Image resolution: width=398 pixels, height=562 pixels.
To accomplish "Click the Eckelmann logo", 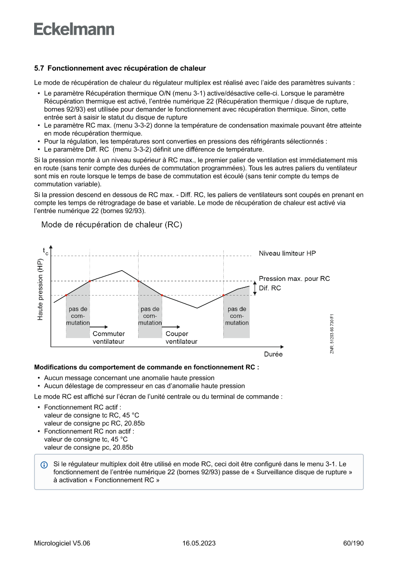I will pyautogui.click(x=74, y=29).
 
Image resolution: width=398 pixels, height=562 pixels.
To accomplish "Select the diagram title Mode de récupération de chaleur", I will pyautogui.click(x=112, y=225).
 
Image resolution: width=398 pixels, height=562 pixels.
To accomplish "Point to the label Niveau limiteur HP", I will pyautogui.click(x=287, y=253).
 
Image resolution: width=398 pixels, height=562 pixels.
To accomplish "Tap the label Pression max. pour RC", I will pyautogui.click(x=294, y=279).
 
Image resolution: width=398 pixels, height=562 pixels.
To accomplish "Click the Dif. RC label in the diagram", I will pyautogui.click(x=270, y=288).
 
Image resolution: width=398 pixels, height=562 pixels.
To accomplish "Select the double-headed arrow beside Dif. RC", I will pyautogui.click(x=254, y=288).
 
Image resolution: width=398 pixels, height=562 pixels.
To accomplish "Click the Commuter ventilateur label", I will pyautogui.click(x=109, y=337).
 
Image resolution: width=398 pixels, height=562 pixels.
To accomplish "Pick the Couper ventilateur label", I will pyautogui.click(x=181, y=337).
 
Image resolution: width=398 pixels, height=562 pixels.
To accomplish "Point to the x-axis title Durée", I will pyautogui.click(x=273, y=354).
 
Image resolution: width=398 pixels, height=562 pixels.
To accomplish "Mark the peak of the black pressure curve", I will pyautogui.click(x=122, y=271).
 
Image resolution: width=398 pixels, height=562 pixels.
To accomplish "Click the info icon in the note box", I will pyautogui.click(x=44, y=465).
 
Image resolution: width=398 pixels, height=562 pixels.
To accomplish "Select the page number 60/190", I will pyautogui.click(x=353, y=543).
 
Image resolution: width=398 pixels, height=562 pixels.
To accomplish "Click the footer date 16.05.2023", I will pyautogui.click(x=199, y=543).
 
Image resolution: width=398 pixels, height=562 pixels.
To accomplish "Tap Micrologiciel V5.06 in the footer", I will pyautogui.click(x=62, y=543).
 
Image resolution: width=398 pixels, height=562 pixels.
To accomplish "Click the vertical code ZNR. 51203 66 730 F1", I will pyautogui.click(x=332, y=334).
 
